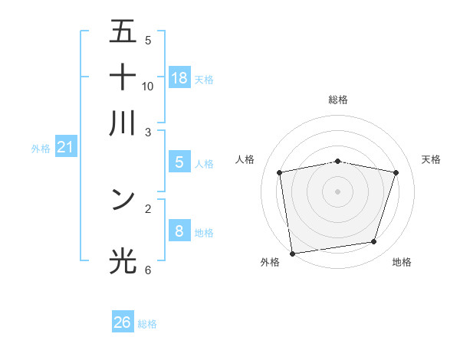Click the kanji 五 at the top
[x=123, y=33]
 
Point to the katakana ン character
[x=123, y=199]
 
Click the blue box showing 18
[x=179, y=77]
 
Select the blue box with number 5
[x=179, y=162]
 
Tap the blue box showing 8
[x=179, y=231]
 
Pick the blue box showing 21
[x=65, y=148]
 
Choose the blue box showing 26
[x=123, y=322]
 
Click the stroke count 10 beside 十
[x=148, y=87]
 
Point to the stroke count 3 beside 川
[x=148, y=132]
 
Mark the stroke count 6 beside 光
[x=148, y=270]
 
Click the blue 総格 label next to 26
[x=148, y=324]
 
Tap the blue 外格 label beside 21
[x=41, y=149]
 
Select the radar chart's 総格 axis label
[x=338, y=100]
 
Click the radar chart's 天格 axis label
[x=431, y=159]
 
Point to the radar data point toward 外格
[x=292, y=253]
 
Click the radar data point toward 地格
[x=374, y=242]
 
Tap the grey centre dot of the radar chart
[x=338, y=191]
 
